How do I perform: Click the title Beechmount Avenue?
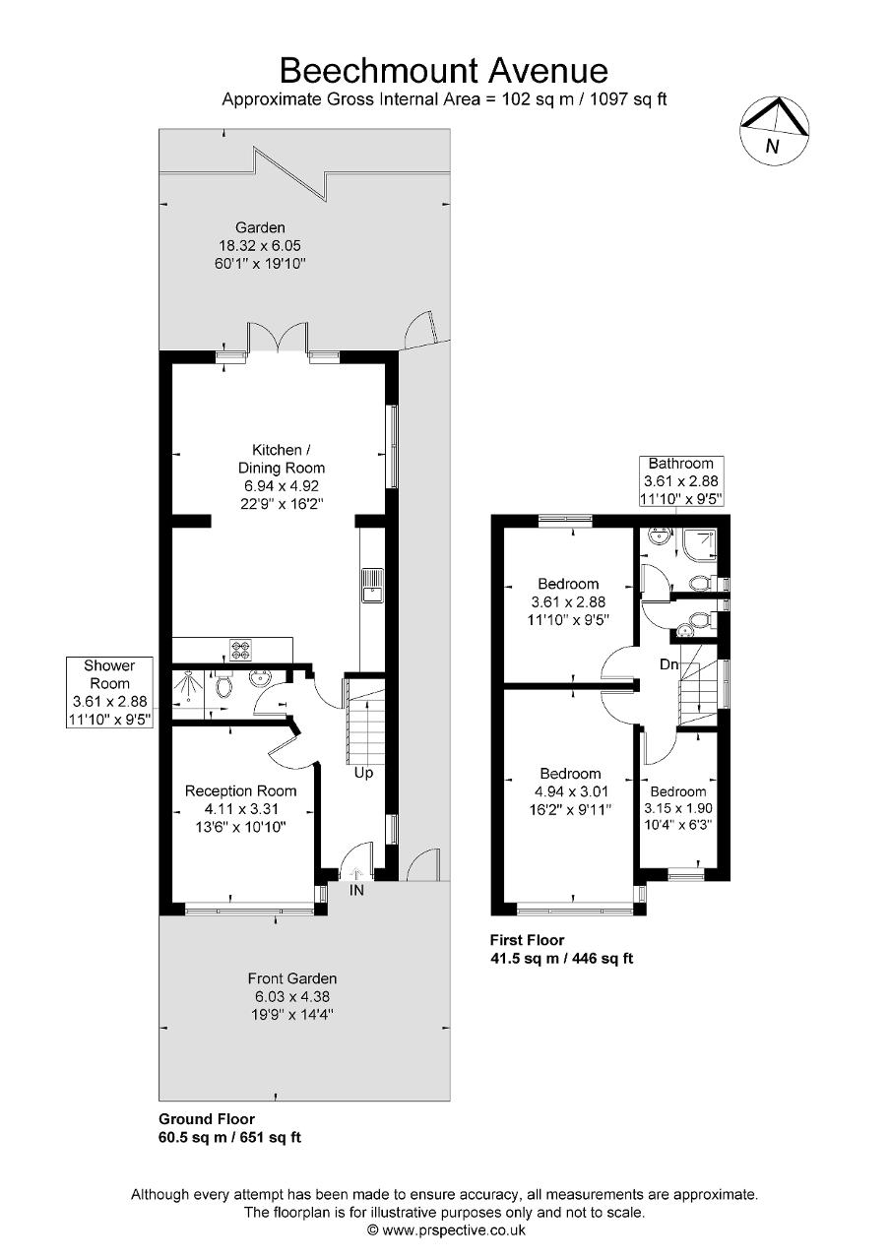click(x=444, y=70)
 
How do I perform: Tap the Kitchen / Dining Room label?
click(x=281, y=459)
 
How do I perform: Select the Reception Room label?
click(x=241, y=790)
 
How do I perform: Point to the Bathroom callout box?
click(x=680, y=480)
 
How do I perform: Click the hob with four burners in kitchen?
click(x=242, y=650)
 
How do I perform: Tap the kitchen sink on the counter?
click(x=373, y=586)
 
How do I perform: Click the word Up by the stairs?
click(x=363, y=773)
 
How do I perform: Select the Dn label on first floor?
click(x=669, y=664)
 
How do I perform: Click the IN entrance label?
click(x=355, y=890)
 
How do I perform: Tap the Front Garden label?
click(x=292, y=978)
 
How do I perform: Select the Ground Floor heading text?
click(x=207, y=1118)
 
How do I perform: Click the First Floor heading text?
click(x=527, y=940)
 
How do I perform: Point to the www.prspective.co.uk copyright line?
click(x=445, y=1229)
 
